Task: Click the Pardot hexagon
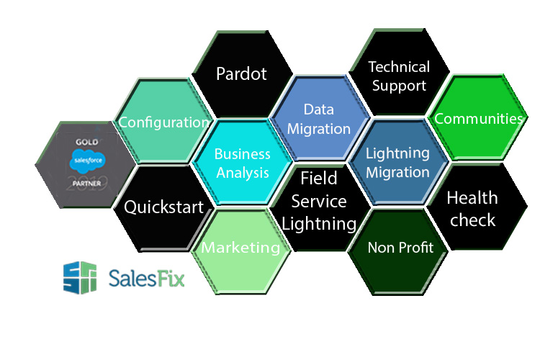click(x=242, y=74)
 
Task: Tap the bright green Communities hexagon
click(x=478, y=118)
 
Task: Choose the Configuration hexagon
click(x=163, y=122)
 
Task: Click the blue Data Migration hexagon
click(x=317, y=120)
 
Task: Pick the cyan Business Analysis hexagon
click(x=242, y=163)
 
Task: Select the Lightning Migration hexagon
click(x=397, y=163)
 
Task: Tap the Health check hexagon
click(x=472, y=208)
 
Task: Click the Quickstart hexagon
click(x=164, y=207)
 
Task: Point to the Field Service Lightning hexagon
click(x=318, y=202)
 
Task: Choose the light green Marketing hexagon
click(x=240, y=248)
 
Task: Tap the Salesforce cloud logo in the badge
click(x=86, y=159)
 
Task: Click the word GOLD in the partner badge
click(x=86, y=142)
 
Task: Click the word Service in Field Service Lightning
click(x=318, y=201)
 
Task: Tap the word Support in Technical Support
click(x=400, y=85)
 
